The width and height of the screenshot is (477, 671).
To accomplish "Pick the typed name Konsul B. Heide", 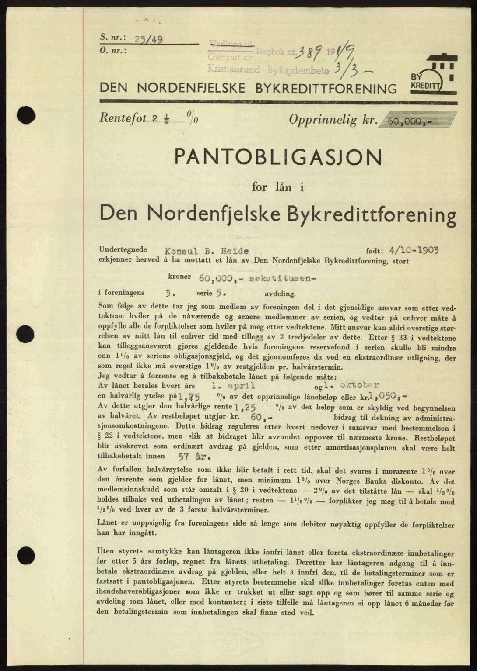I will click(207, 251).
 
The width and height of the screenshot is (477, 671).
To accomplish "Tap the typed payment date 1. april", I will click(232, 386).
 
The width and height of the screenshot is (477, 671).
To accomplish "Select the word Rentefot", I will click(122, 119).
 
